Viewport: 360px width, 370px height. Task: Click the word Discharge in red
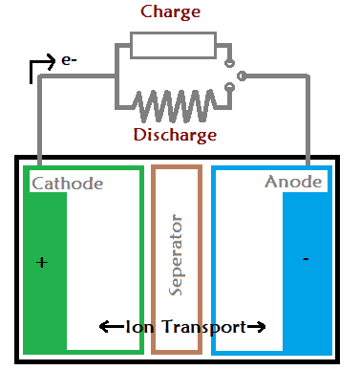(174, 134)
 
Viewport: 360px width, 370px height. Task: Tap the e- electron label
(69, 60)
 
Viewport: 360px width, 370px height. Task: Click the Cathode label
(68, 183)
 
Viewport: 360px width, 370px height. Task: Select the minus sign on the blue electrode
(305, 259)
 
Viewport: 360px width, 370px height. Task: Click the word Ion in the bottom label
(138, 327)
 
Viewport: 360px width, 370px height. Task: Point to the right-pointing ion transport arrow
(255, 327)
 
